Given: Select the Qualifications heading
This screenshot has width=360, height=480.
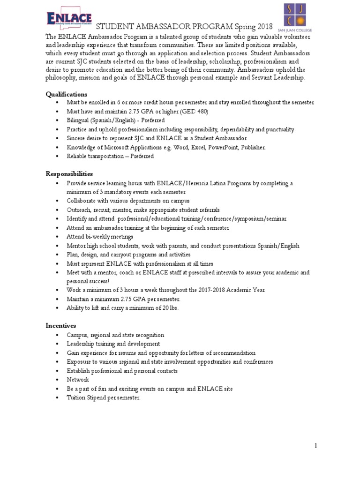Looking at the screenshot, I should tap(67, 94).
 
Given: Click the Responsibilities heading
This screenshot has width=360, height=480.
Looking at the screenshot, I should tap(69, 174).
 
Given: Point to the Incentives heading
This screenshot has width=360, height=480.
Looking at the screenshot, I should tap(61, 325).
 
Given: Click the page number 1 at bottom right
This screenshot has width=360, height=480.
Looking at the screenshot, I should tap(316, 446).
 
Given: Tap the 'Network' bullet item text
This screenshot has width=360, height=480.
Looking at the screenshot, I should tap(78, 380).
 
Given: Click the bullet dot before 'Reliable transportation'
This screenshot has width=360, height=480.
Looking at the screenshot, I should tap(57, 156).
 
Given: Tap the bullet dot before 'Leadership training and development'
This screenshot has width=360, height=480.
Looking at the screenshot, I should tap(57, 344).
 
